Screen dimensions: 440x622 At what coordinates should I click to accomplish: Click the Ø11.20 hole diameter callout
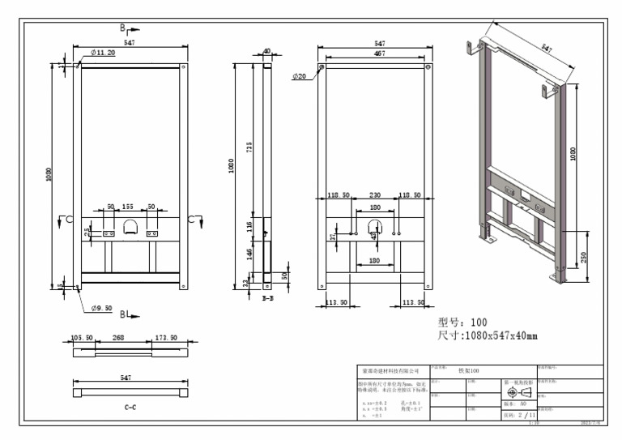(x=102, y=53)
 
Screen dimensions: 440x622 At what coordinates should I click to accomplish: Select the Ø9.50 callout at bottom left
(x=102, y=308)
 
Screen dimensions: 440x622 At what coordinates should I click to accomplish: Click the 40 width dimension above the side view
(x=266, y=50)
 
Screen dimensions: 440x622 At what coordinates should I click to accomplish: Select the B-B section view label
(x=267, y=297)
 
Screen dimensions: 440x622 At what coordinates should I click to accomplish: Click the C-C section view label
(x=130, y=408)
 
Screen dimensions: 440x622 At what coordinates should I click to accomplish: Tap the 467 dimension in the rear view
(x=373, y=53)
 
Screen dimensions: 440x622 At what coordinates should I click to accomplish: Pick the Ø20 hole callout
(x=300, y=76)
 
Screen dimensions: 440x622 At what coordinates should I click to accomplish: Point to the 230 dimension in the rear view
(x=375, y=195)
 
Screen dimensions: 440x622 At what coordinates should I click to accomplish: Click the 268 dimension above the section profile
(x=117, y=337)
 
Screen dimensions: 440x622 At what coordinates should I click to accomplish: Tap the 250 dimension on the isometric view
(x=583, y=257)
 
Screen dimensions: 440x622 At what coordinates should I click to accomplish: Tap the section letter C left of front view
(x=69, y=220)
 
